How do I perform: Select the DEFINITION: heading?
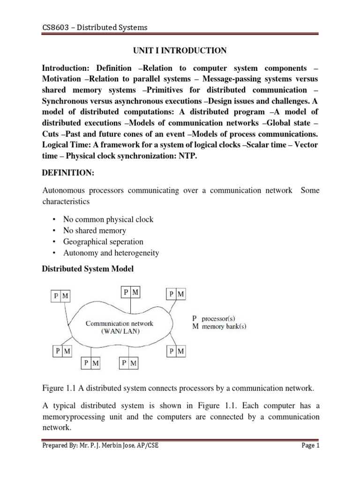[68, 173]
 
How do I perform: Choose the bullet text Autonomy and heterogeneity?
[111, 253]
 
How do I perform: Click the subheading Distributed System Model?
[88, 269]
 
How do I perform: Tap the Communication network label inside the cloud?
[119, 323]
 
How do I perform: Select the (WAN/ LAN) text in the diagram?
[119, 331]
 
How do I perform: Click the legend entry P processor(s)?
[219, 318]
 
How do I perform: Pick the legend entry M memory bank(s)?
[220, 326]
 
